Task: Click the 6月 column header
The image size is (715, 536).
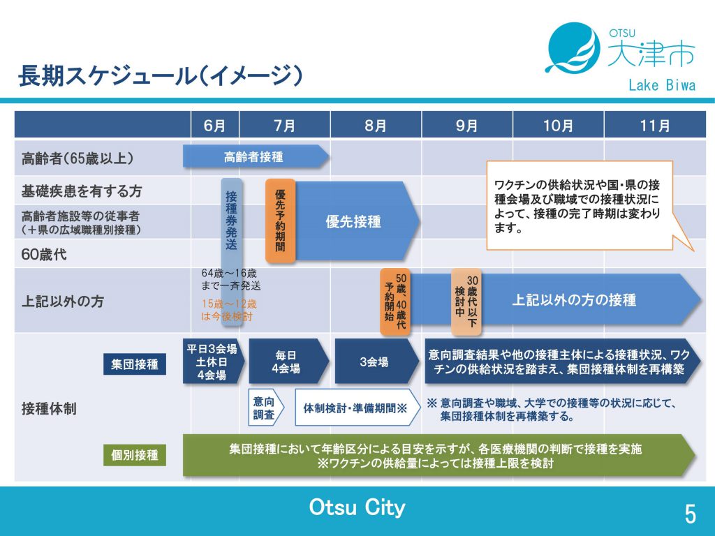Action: [x=215, y=125]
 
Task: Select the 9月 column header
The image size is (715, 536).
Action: [x=467, y=125]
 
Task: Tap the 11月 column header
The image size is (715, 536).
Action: [x=655, y=125]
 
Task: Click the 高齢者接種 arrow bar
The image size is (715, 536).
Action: [x=256, y=157]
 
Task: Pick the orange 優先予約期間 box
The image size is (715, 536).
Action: [x=281, y=221]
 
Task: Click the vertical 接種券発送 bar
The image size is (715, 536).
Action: [x=232, y=251]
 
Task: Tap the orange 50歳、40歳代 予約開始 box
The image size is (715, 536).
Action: [x=395, y=301]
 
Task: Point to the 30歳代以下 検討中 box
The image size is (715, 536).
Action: [x=466, y=301]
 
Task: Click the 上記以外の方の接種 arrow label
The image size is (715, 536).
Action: [x=574, y=300]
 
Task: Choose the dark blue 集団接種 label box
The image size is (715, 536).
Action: [x=135, y=364]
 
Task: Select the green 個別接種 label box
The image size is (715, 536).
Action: [x=135, y=455]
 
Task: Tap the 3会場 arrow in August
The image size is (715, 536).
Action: [x=377, y=362]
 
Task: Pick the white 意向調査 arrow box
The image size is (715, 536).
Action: [x=266, y=408]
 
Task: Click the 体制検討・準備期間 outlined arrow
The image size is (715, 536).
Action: [x=357, y=408]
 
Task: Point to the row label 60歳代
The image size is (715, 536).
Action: [x=44, y=254]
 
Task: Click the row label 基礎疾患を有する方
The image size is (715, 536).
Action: [x=82, y=191]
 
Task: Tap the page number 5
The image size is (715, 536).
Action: [x=691, y=514]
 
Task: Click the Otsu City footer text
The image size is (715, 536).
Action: [x=357, y=507]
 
